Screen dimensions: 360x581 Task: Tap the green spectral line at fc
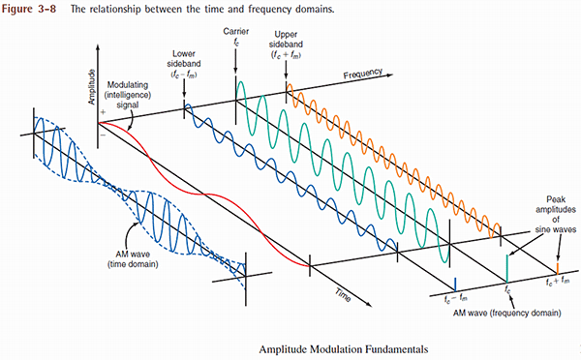tap(505, 267)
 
